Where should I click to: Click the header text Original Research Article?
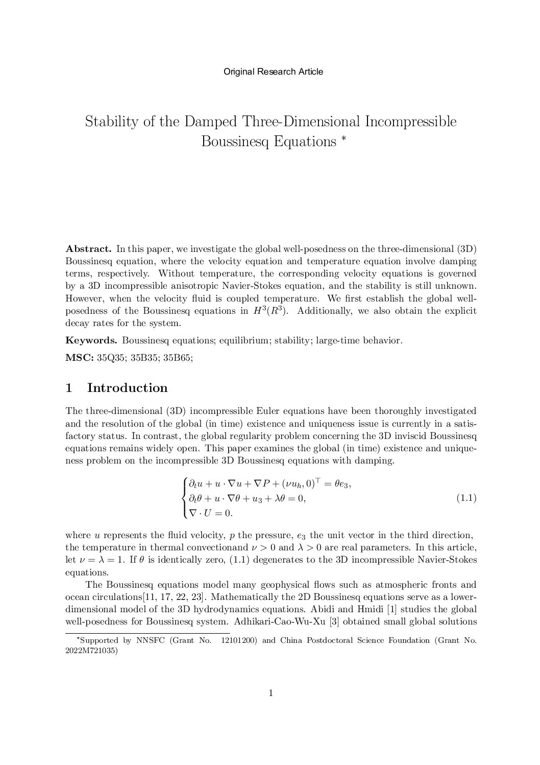[x=273, y=72]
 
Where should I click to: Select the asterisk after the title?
[x=343, y=137]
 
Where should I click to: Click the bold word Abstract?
[x=88, y=249]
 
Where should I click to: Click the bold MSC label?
[x=79, y=358]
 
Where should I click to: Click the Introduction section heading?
[x=127, y=388]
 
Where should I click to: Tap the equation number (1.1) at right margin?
[x=466, y=497]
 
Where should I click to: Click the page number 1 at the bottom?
[x=271, y=693]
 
